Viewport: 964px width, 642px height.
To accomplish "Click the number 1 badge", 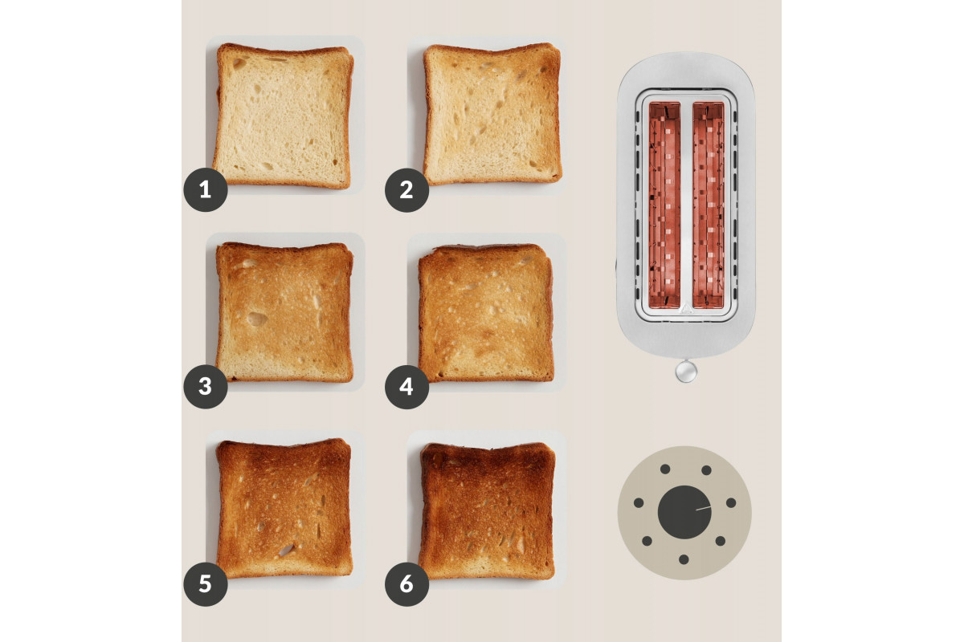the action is (x=206, y=189).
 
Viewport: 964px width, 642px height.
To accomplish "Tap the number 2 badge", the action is (x=406, y=189).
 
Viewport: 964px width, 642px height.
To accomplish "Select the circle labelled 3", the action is (x=206, y=387).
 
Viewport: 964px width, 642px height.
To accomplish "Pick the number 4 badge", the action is (x=406, y=387).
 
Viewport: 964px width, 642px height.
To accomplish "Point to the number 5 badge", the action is (x=206, y=584).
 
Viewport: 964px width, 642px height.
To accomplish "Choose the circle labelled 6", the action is (x=406, y=584).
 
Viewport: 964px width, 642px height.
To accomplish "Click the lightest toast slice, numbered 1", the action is (x=283, y=116).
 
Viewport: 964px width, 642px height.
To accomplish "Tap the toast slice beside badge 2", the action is (x=492, y=114).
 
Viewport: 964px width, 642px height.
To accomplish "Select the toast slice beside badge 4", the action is (x=486, y=313).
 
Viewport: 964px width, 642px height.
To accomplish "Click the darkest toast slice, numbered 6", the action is (x=487, y=511).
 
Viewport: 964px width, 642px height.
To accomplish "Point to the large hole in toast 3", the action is (x=256, y=319).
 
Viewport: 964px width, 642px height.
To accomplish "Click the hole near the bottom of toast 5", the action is (x=287, y=549).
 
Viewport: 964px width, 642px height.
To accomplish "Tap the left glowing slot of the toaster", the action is (x=664, y=205).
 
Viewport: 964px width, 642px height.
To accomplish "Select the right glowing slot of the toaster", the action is (x=709, y=205).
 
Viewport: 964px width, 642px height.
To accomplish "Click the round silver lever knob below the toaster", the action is (x=686, y=372).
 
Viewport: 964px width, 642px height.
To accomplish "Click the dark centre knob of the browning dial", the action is (x=684, y=512).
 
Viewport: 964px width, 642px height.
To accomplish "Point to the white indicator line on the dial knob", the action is (x=703, y=508).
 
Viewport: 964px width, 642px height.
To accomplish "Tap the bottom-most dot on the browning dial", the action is (x=684, y=559).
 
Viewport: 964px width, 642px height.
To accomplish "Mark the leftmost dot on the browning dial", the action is (x=639, y=502).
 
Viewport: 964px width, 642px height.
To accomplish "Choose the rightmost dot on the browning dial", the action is (x=731, y=502).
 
